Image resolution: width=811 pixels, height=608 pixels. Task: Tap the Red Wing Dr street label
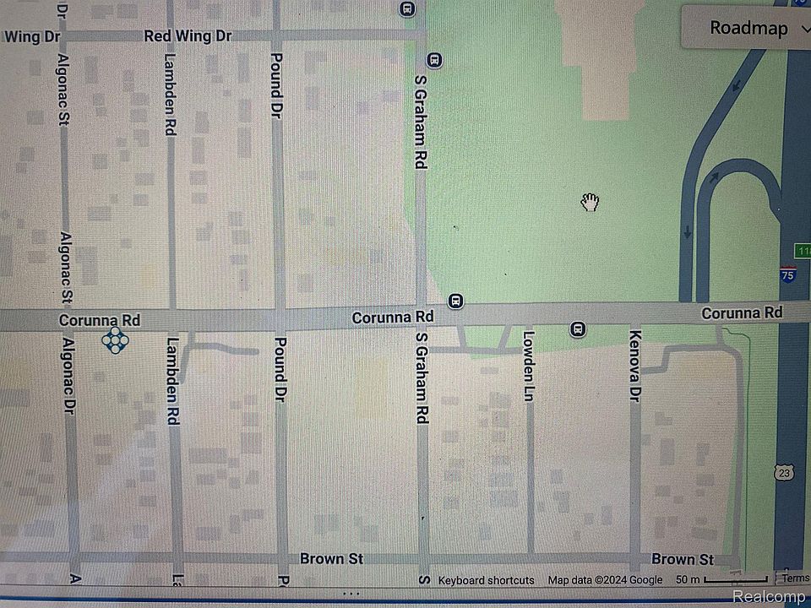(x=188, y=35)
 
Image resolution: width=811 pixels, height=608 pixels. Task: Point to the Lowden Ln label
(x=529, y=365)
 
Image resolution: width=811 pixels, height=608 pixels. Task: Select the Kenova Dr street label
(x=635, y=365)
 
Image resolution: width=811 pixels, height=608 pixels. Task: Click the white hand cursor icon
(x=590, y=202)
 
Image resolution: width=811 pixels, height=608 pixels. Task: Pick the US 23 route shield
(x=785, y=470)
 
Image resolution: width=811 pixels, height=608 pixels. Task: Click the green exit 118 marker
(x=803, y=251)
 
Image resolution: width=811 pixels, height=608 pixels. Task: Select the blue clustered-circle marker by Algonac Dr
(x=115, y=341)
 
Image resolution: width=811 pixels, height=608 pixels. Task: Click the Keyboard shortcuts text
(x=486, y=580)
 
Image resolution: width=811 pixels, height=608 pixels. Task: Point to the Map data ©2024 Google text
(x=605, y=580)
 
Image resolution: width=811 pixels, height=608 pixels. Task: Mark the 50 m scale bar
(x=725, y=580)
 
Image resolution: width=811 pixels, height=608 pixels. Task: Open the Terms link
(x=795, y=578)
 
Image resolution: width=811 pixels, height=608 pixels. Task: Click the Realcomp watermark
(x=769, y=597)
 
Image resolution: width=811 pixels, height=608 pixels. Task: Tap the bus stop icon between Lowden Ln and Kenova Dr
(x=578, y=328)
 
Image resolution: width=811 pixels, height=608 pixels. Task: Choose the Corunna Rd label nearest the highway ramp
(x=742, y=312)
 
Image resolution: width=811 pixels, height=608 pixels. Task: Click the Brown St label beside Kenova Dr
(x=683, y=559)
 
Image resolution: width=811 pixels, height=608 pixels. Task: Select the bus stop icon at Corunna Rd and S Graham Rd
(x=455, y=301)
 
